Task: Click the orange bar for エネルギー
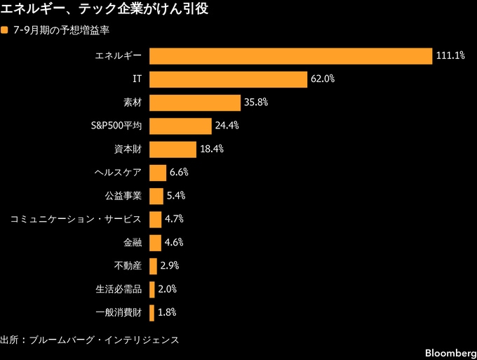coord(291,56)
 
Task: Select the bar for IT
coord(228,79)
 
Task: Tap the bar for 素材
coord(195,103)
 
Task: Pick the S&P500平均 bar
coord(180,126)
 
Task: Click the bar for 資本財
coord(173,149)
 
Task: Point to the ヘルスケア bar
coord(158,173)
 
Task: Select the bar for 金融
coord(155,243)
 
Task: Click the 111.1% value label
coord(450,55)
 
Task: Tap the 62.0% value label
coord(323,79)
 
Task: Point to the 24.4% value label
coord(227,126)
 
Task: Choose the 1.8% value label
coord(167,312)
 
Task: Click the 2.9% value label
coord(170,266)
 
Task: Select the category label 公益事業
coord(123,196)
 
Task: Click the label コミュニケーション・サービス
coord(76,219)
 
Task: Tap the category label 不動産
coord(128,266)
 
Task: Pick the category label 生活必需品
coord(119,289)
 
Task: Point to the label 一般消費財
coord(119,312)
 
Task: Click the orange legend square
coord(4,30)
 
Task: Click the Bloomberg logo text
coord(451,353)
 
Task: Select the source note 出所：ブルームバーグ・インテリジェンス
coord(90,340)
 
